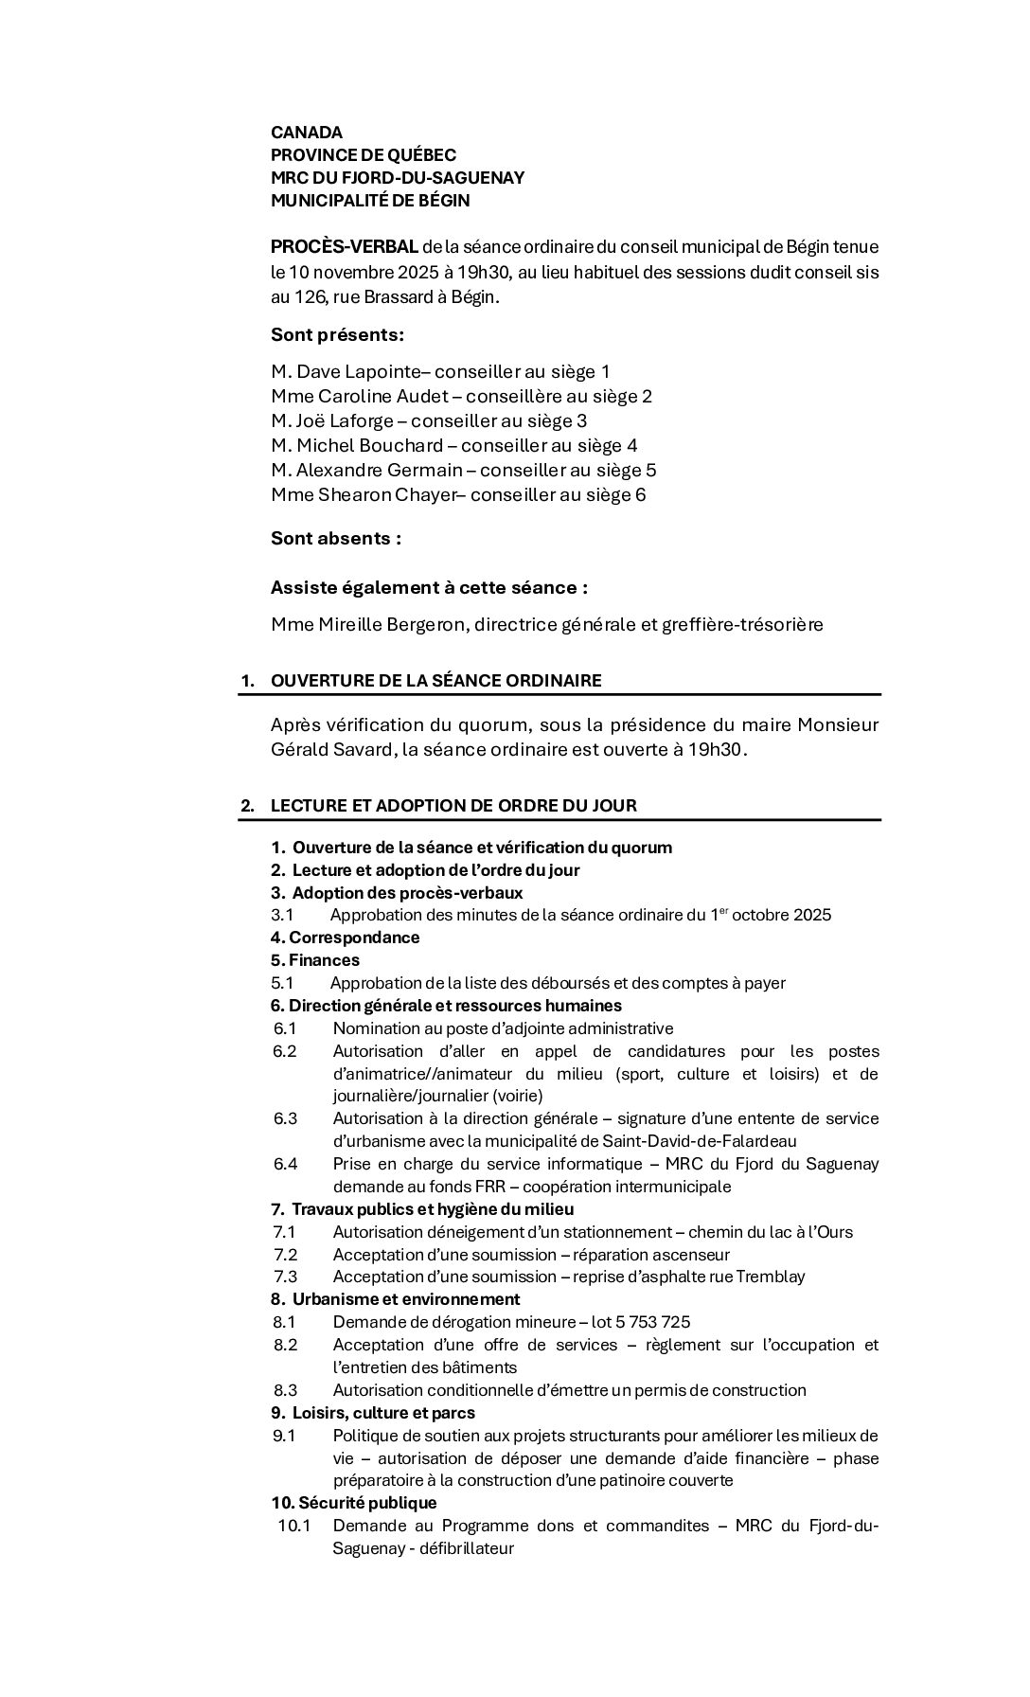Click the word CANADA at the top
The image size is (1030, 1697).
click(x=307, y=133)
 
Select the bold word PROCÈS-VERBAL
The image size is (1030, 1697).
click(x=345, y=247)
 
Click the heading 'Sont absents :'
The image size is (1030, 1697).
click(x=336, y=539)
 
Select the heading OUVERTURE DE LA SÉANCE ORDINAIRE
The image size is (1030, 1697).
click(x=435, y=681)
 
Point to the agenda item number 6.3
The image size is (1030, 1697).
click(x=285, y=1118)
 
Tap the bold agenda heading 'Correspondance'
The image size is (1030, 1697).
click(x=354, y=938)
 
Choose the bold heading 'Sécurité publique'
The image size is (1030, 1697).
click(x=367, y=1503)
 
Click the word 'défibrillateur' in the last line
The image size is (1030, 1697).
click(x=466, y=1548)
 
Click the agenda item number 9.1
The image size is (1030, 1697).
click(x=284, y=1436)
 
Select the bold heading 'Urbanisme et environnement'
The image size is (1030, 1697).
click(x=406, y=1299)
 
